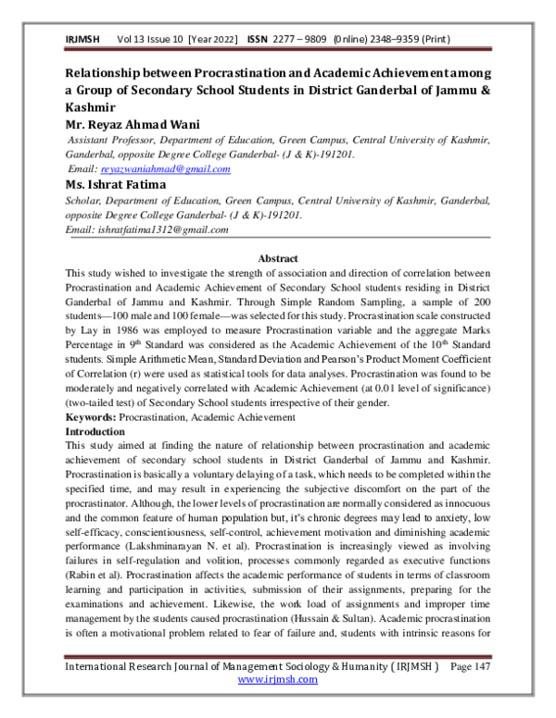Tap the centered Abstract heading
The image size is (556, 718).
[277, 258]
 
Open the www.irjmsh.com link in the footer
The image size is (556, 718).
[277, 704]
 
